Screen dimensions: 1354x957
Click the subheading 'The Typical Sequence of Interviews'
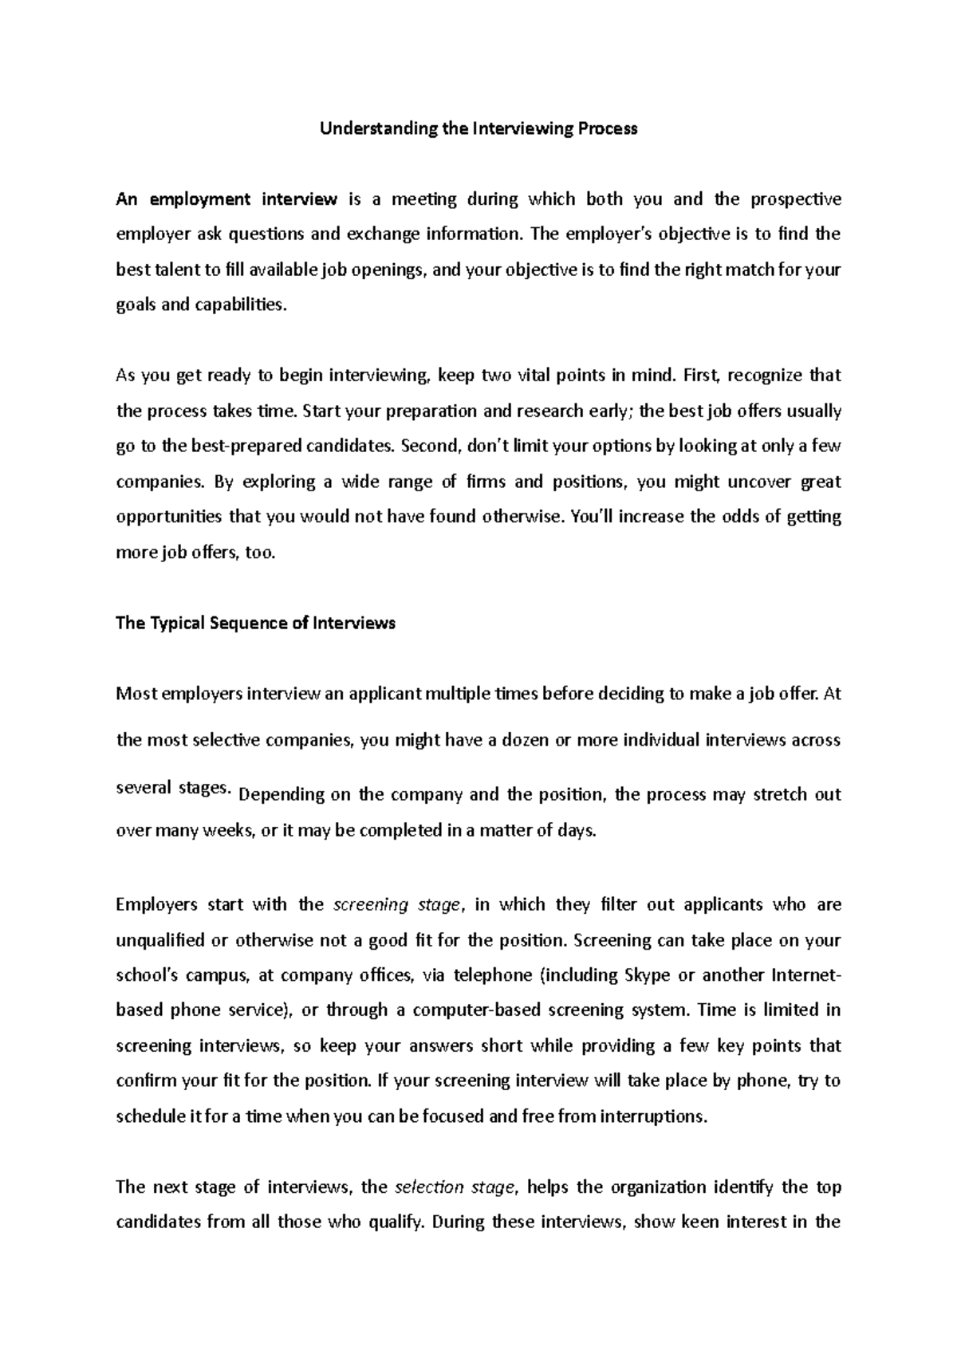point(255,623)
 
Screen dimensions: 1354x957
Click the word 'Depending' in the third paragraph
point(282,795)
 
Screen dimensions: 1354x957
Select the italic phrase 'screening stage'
point(396,905)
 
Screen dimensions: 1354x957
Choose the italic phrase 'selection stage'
point(457,1187)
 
